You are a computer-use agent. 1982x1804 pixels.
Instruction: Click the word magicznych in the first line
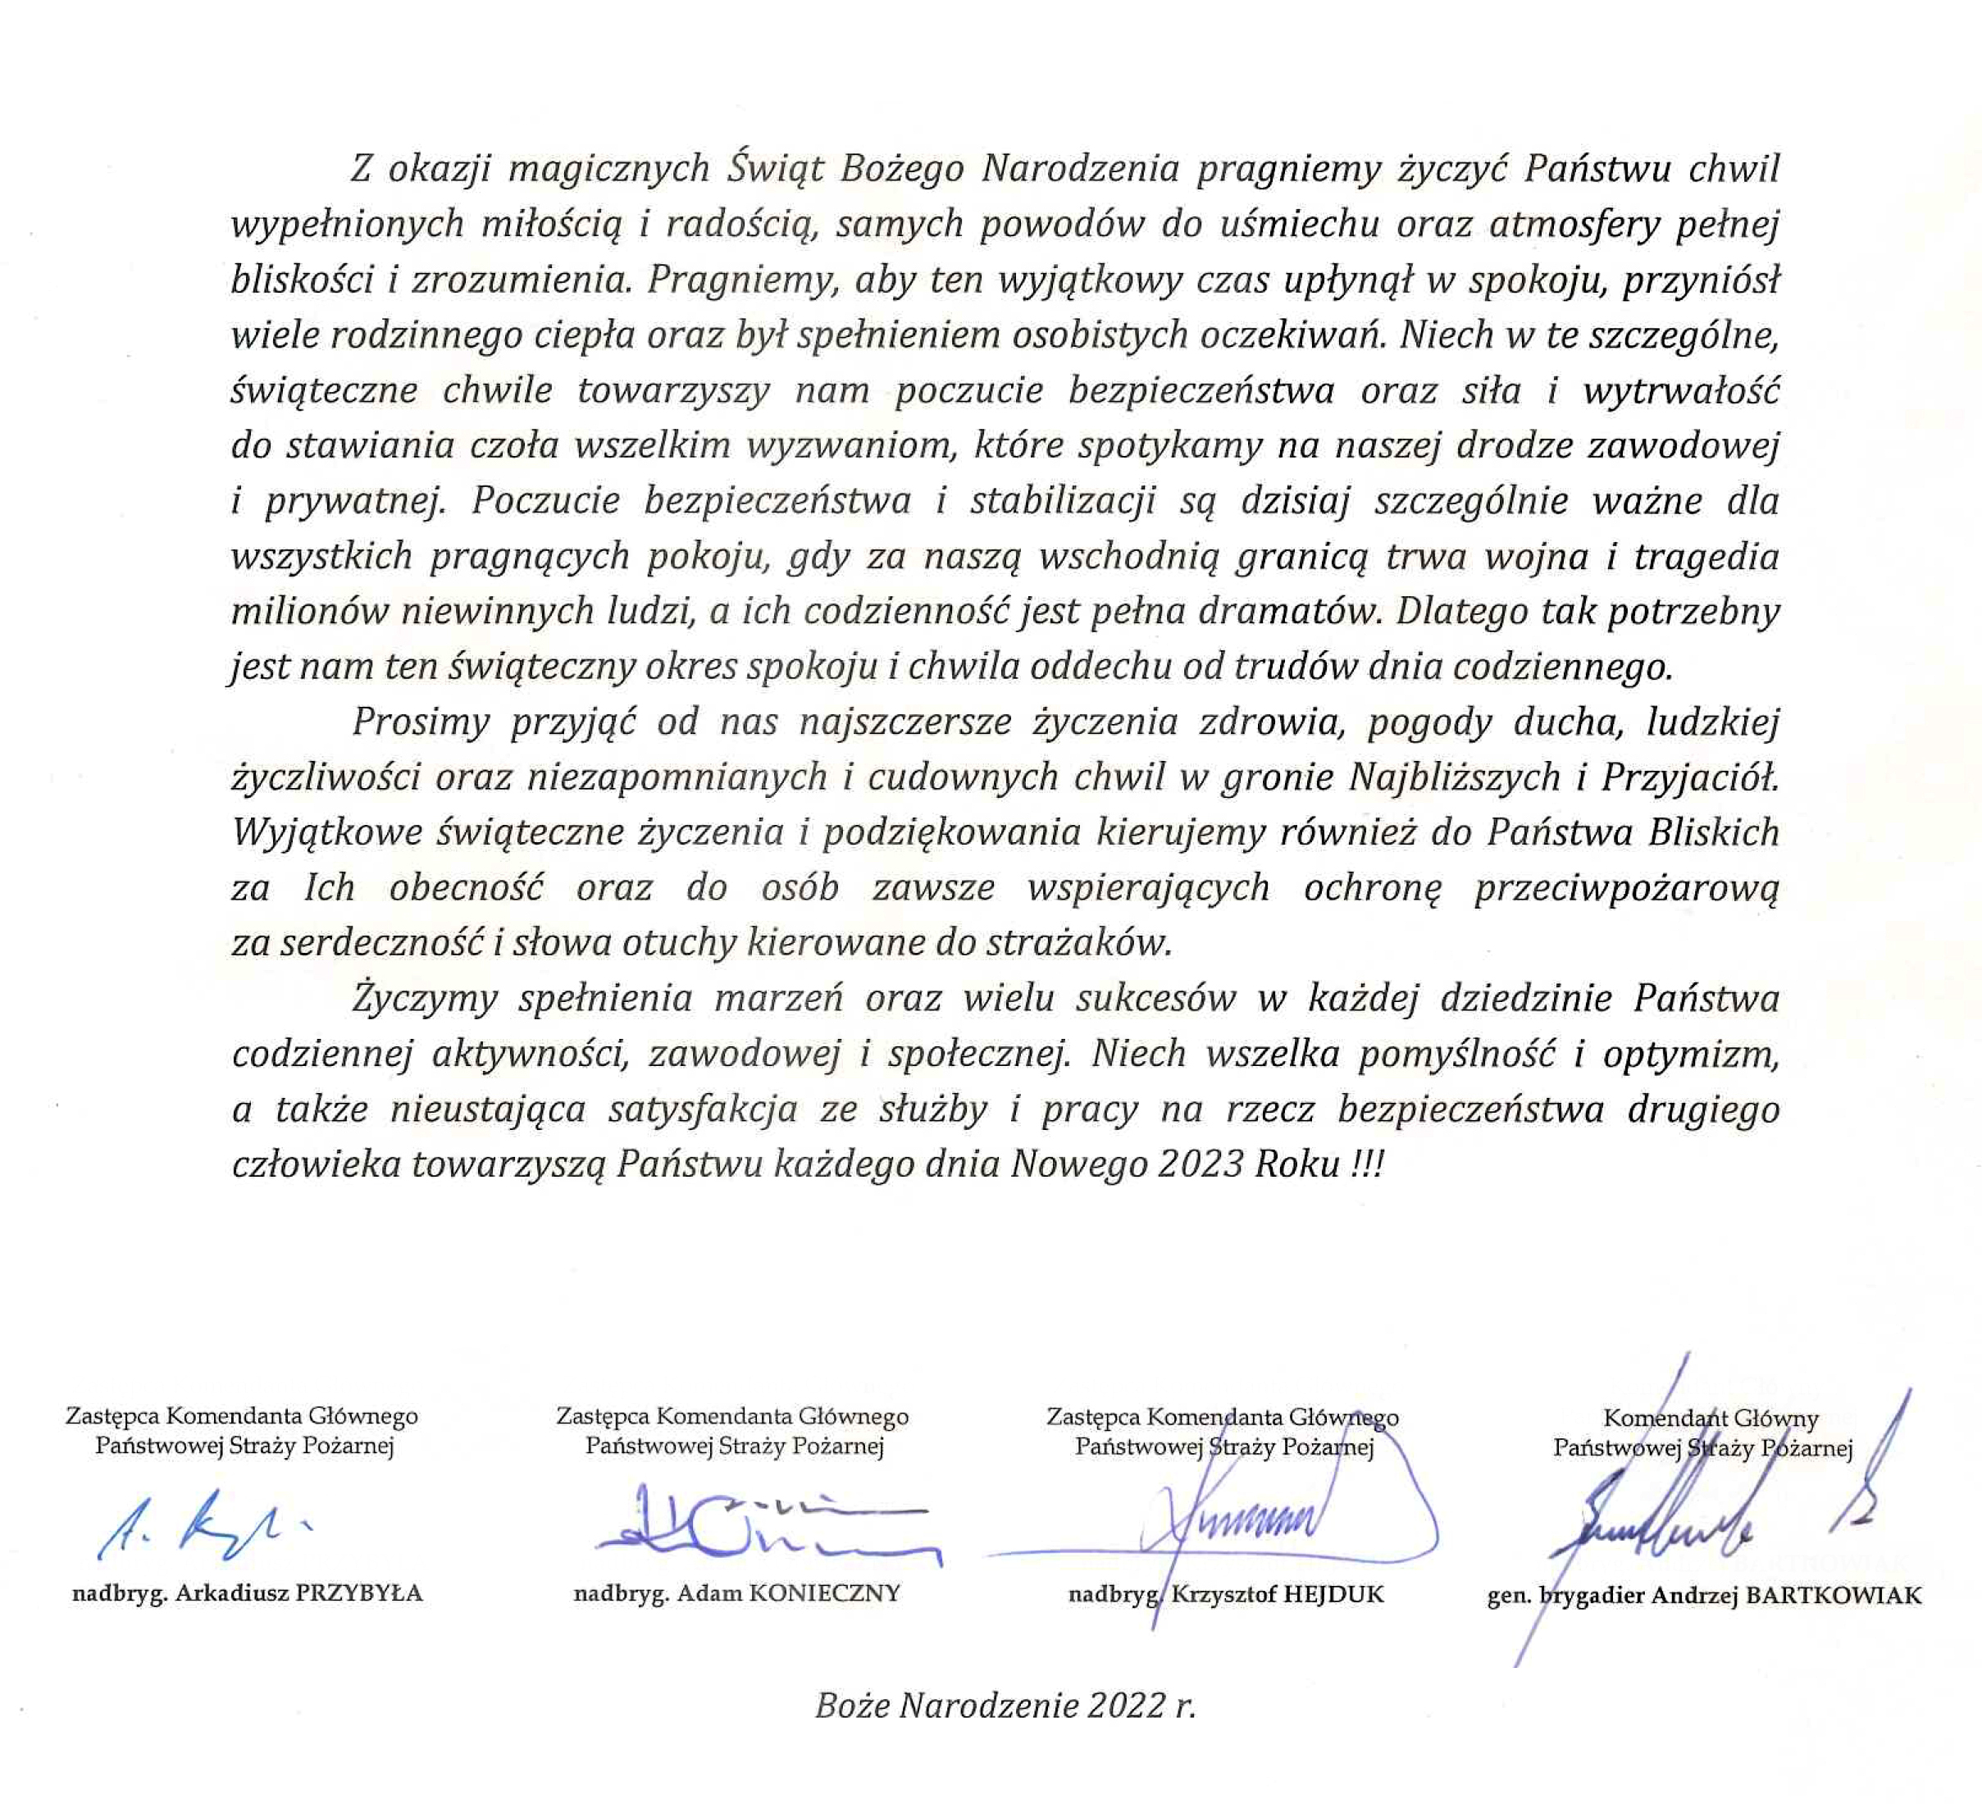pyautogui.click(x=608, y=169)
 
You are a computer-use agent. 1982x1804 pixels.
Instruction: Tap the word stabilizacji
pyautogui.click(x=1062, y=501)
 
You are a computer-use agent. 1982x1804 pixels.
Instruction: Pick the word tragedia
pyautogui.click(x=1706, y=557)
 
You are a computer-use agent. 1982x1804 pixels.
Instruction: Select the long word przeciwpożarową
pyautogui.click(x=1626, y=888)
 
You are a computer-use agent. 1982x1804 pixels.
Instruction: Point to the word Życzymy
pyautogui.click(x=425, y=999)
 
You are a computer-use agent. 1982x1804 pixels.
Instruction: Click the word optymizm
pyautogui.click(x=1691, y=1054)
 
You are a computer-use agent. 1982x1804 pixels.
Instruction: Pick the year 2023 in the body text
pyautogui.click(x=1201, y=1164)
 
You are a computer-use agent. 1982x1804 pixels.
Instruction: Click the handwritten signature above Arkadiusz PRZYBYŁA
pyautogui.click(x=202, y=1527)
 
